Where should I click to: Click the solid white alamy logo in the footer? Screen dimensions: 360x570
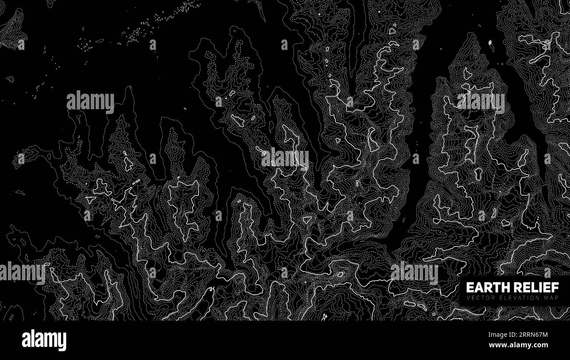pyautogui.click(x=44, y=340)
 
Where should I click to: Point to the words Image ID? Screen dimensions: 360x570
pyautogui.click(x=501, y=335)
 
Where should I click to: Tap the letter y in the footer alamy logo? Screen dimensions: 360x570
pyautogui.click(x=63, y=342)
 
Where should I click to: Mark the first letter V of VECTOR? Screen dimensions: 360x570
pyautogui.click(x=468, y=298)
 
